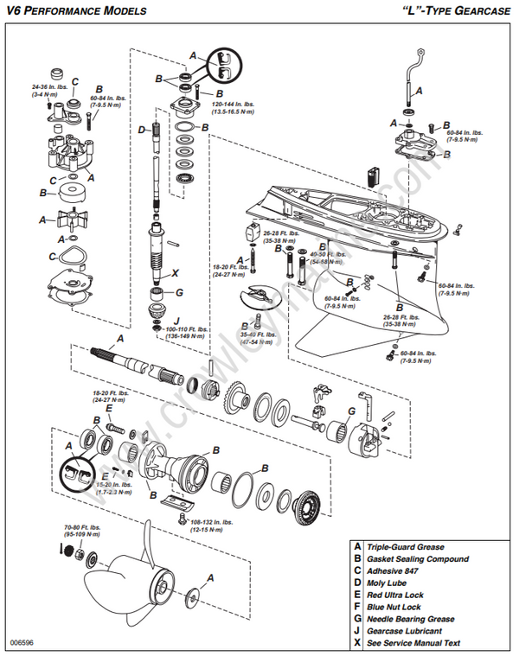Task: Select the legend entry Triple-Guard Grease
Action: pos(405,547)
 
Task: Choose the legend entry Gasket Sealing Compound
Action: pos(420,559)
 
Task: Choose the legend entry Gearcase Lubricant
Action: pos(406,631)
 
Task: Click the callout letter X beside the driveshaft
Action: pos(176,272)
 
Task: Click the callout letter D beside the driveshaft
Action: pos(142,131)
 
